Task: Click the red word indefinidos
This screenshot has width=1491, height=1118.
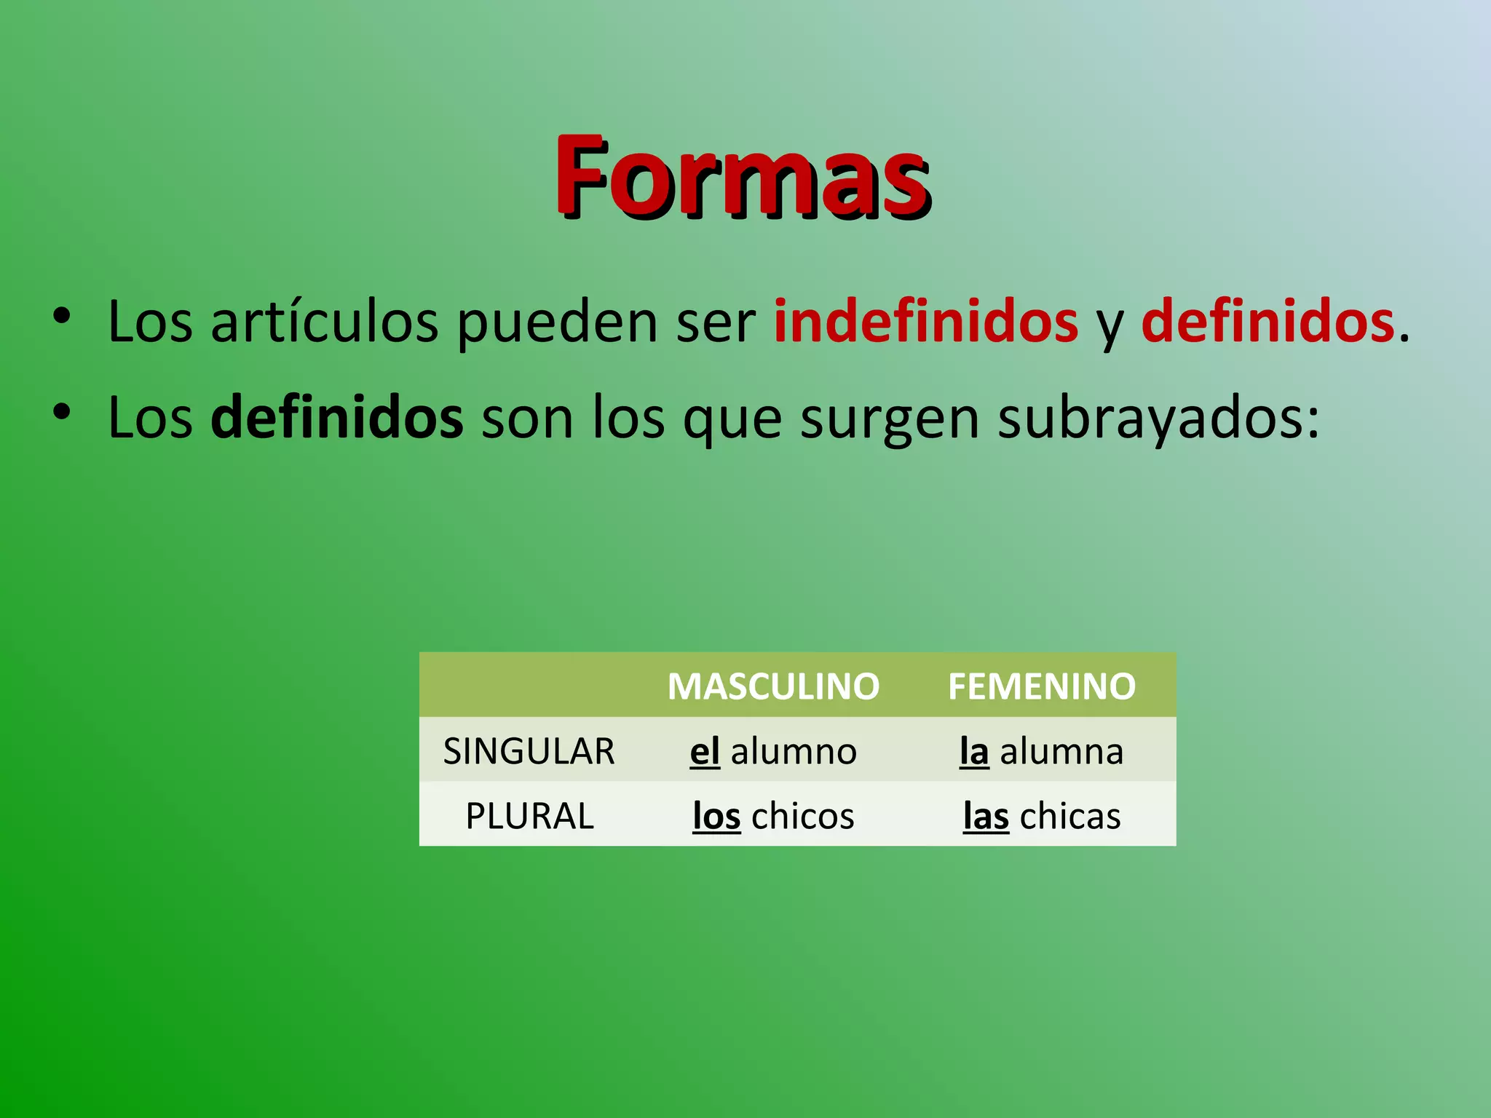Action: (925, 321)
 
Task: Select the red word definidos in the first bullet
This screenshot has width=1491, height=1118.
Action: (1267, 321)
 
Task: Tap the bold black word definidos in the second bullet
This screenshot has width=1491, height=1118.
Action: (336, 417)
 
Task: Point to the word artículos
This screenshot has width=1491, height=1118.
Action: (325, 322)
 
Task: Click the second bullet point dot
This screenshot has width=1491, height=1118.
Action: (62, 412)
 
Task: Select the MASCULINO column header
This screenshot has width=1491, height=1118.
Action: (773, 686)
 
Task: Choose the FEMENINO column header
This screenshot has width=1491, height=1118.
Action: (1041, 686)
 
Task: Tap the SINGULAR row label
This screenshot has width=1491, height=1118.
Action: (529, 751)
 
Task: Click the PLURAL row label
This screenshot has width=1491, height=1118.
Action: (529, 816)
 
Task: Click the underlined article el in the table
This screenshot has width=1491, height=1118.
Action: (705, 751)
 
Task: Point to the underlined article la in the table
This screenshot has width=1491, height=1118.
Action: (974, 751)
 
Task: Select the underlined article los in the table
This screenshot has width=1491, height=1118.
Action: (716, 816)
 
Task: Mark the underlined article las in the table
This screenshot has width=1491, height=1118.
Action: (986, 816)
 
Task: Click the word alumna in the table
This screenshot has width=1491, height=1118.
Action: (1061, 751)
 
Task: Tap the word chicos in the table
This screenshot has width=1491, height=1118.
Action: (802, 816)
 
